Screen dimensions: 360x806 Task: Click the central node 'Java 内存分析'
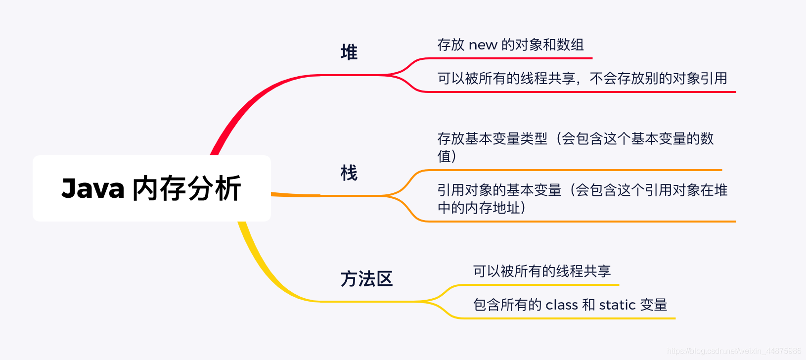pyautogui.click(x=151, y=188)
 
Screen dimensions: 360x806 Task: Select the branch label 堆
pyautogui.click(x=349, y=52)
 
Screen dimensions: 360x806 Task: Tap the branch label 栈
pyautogui.click(x=349, y=173)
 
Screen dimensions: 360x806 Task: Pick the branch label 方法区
pyautogui.click(x=366, y=279)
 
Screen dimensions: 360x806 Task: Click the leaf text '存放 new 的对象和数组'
pyautogui.click(x=510, y=45)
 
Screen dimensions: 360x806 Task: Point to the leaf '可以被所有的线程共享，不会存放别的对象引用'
pyautogui.click(x=582, y=79)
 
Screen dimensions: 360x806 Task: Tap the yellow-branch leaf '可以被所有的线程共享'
pyautogui.click(x=542, y=271)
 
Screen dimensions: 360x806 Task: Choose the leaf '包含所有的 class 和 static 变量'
pyautogui.click(x=570, y=305)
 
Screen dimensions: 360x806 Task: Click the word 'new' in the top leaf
pyautogui.click(x=483, y=45)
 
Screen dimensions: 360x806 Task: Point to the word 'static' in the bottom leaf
pyautogui.click(x=617, y=305)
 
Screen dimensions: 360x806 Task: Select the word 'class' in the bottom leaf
pyautogui.click(x=562, y=305)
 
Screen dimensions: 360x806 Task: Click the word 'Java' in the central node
pyautogui.click(x=93, y=189)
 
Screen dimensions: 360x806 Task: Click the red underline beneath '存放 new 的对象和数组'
pyautogui.click(x=509, y=58)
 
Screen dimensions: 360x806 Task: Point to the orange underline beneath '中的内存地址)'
pyautogui.click(x=579, y=221)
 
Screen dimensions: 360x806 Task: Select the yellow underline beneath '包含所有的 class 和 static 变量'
pyautogui.click(x=569, y=318)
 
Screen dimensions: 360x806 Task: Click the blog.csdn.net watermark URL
pyautogui.click(x=734, y=351)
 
